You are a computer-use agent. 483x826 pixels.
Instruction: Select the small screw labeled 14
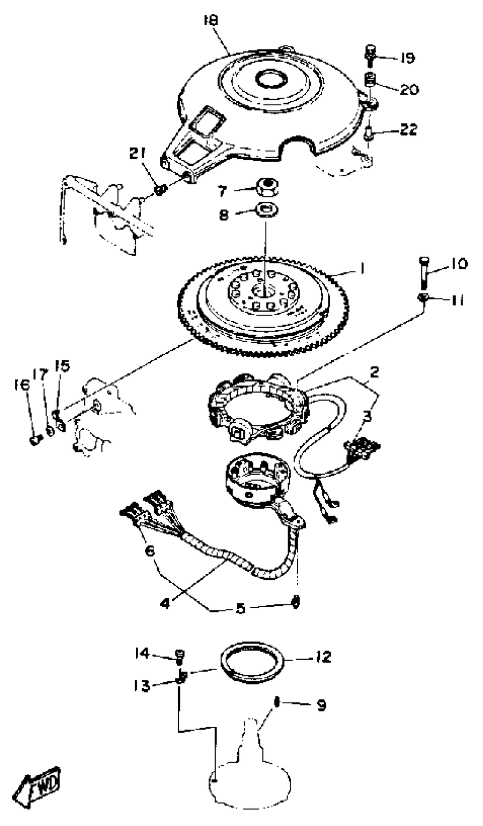coord(180,654)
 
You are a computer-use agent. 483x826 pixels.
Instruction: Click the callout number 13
coord(142,685)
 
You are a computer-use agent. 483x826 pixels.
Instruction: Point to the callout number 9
coord(321,705)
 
